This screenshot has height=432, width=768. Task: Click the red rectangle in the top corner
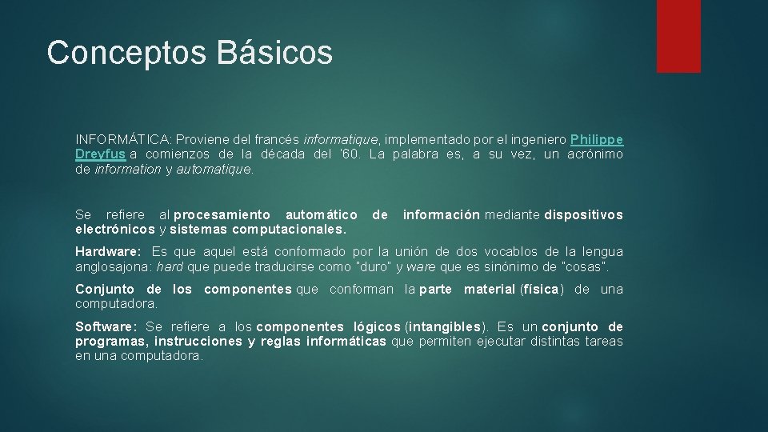pos(678,36)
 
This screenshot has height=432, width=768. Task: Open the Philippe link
pos(597,138)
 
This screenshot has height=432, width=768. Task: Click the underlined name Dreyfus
pos(100,154)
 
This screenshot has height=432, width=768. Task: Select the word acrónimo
pos(595,154)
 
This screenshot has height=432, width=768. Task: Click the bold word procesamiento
pos(222,214)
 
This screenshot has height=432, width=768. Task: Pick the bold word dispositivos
pos(583,214)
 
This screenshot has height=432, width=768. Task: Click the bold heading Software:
pos(106,326)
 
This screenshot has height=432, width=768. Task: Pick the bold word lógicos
pos(373,326)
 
